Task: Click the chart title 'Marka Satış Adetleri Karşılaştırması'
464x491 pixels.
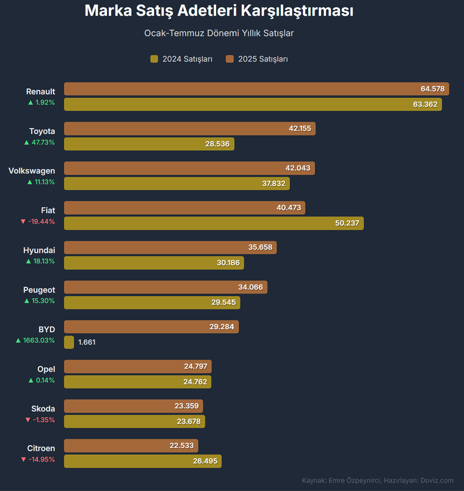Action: tap(219, 11)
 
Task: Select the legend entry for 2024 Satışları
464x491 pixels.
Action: tap(181, 59)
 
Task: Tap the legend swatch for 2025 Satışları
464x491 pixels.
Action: tap(230, 59)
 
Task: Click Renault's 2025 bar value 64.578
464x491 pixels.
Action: tap(433, 89)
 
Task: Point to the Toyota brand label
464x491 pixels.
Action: tap(42, 131)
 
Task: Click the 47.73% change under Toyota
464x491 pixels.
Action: tap(40, 143)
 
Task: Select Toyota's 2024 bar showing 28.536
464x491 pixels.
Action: tap(149, 144)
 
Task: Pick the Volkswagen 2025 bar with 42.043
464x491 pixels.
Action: tap(189, 168)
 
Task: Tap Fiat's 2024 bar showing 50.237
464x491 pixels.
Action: tap(214, 223)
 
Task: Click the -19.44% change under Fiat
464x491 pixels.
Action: tap(38, 222)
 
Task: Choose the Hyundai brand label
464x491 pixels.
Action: tap(39, 250)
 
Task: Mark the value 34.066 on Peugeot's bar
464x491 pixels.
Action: tap(250, 287)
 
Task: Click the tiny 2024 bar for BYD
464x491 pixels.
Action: tap(69, 342)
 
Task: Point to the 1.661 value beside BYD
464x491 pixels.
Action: tap(87, 342)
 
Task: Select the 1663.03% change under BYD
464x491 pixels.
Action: tap(35, 340)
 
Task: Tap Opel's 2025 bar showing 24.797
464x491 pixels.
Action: tap(138, 366)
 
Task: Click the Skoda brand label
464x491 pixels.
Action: tap(43, 408)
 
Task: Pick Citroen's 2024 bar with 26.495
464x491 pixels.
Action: tap(143, 461)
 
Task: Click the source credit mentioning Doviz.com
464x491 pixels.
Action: tap(377, 480)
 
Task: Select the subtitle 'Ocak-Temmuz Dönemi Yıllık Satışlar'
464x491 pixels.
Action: tap(219, 33)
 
